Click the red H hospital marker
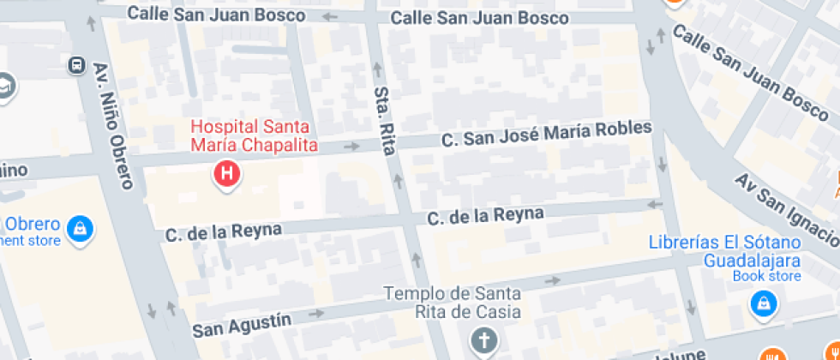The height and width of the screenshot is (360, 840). coord(226,174)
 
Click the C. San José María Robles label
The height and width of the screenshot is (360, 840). coord(546,134)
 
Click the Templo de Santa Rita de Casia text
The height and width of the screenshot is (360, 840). coord(452,302)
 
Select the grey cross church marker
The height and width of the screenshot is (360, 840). coord(484,340)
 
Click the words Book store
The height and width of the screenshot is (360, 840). coord(766,276)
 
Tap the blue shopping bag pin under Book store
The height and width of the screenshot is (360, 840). coord(761,303)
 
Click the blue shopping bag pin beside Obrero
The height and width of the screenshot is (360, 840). coord(80,228)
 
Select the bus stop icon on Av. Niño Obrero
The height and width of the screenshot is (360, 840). coord(76,64)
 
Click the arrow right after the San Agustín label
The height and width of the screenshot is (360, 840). coord(316,314)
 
